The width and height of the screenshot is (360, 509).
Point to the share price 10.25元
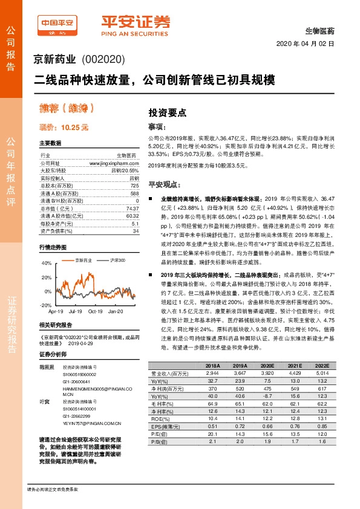pos(64,128)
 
